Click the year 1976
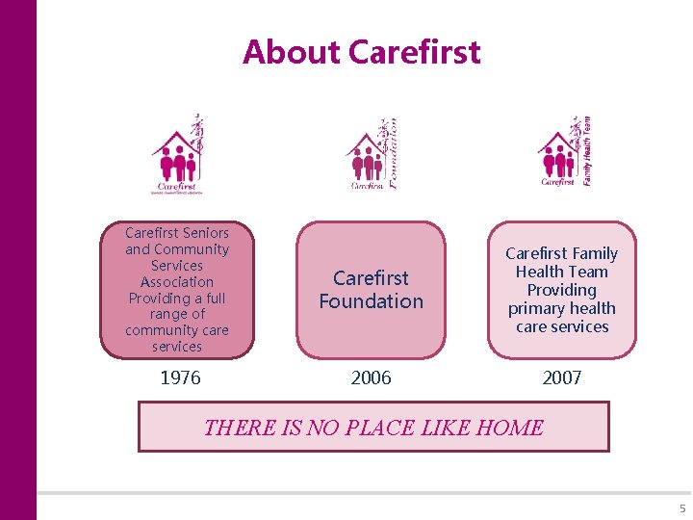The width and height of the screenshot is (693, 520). tap(180, 378)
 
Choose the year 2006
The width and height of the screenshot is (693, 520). tap(371, 378)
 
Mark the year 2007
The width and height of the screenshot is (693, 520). tap(561, 378)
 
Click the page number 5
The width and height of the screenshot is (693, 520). tap(682, 508)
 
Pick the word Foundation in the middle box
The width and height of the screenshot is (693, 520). tap(371, 301)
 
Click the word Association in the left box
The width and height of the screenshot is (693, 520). tap(177, 282)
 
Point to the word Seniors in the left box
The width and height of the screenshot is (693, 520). tap(204, 233)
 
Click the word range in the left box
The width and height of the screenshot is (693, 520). tap(177, 314)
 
